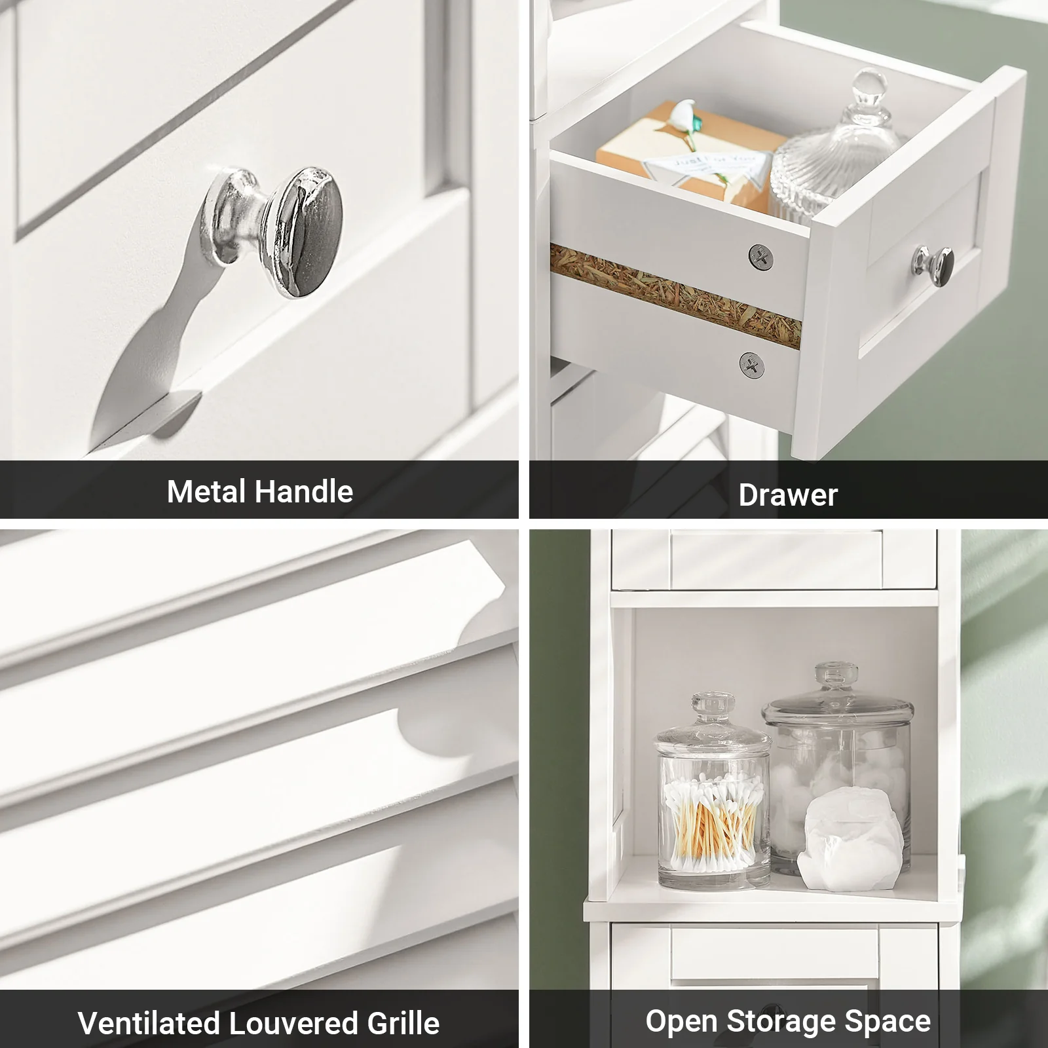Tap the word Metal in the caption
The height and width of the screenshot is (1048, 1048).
click(x=206, y=491)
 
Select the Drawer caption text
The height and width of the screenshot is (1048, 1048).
click(x=788, y=495)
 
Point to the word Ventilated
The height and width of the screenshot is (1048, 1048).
click(x=148, y=1022)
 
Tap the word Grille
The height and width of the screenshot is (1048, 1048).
click(x=403, y=1022)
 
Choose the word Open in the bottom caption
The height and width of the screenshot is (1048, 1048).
click(x=681, y=1020)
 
